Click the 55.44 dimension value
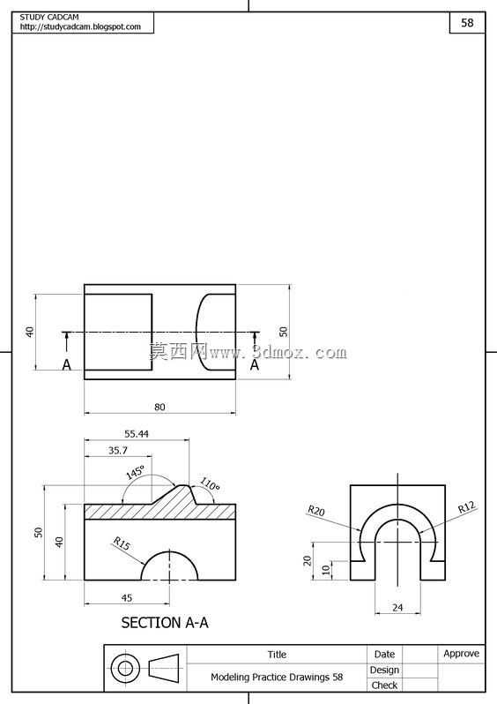click(x=137, y=434)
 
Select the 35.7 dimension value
click(x=117, y=450)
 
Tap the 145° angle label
click(x=135, y=472)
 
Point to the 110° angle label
click(x=210, y=484)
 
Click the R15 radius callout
click(x=122, y=543)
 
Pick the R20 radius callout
click(x=315, y=511)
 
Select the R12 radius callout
click(x=466, y=507)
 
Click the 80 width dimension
click(x=159, y=407)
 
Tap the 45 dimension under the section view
click(x=127, y=597)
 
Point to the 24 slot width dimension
click(x=397, y=608)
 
